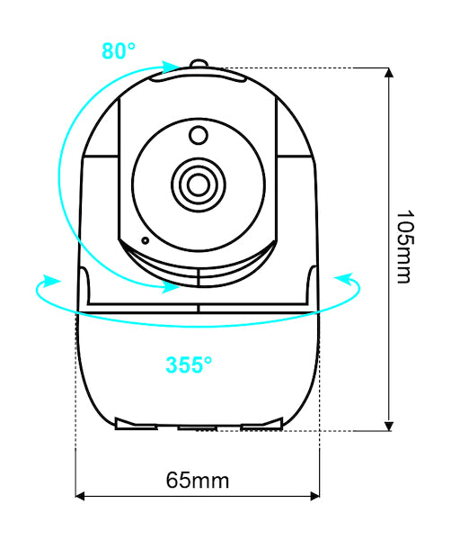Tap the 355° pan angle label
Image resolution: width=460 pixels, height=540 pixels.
pos(189,364)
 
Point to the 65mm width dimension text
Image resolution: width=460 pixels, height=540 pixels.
pos(198,480)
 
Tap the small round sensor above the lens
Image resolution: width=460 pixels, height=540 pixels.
pos(198,135)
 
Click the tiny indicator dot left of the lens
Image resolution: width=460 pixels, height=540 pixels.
pos(143,240)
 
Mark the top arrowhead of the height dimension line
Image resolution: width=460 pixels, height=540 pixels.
pos(389,74)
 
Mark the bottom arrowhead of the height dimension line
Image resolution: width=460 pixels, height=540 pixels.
pos(389,425)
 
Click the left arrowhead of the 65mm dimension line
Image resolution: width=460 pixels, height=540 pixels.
pos(81,495)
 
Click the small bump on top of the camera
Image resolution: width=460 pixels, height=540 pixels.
pos(199,65)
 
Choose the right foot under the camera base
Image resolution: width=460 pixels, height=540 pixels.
pos(262,422)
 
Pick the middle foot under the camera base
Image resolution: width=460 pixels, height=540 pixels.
pos(198,425)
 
